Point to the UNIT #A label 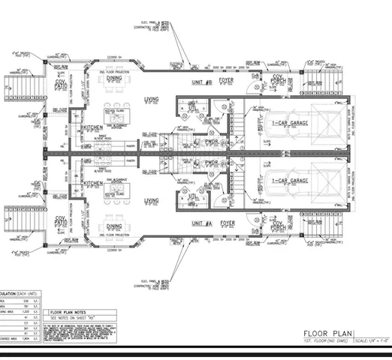(x=201, y=223)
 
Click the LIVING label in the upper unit (x=152, y=100)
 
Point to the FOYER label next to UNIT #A (x=227, y=223)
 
